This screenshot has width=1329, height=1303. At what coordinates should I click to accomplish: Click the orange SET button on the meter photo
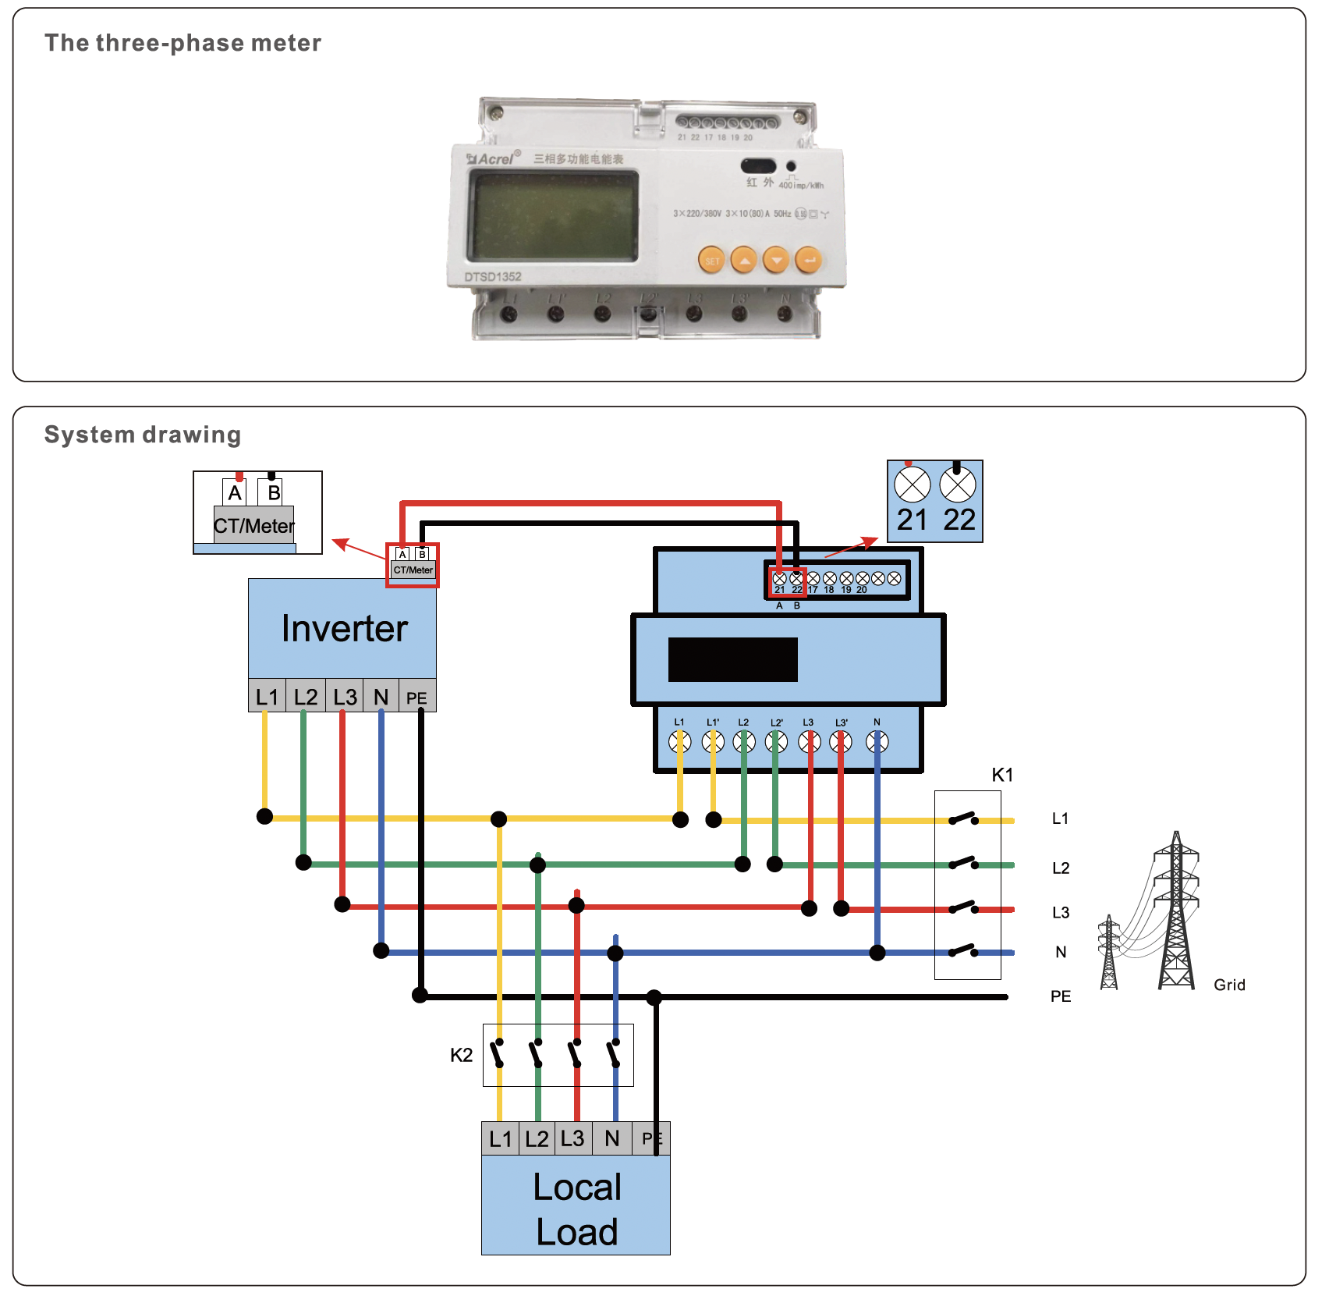pos(711,261)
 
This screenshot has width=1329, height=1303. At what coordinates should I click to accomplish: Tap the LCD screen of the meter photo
pos(553,216)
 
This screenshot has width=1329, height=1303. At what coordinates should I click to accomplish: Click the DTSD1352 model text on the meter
pos(493,277)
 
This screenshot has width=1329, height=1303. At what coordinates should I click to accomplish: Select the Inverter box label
pos(344,629)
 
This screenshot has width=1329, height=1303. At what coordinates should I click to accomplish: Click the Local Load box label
pos(576,1209)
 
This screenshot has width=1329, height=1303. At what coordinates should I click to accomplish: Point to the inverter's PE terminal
pos(417,698)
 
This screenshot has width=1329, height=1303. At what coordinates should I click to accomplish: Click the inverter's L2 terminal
pos(306,697)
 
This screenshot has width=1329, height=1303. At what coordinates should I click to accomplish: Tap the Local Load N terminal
pos(612,1139)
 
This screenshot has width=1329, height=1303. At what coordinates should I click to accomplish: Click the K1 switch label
pos(1002,775)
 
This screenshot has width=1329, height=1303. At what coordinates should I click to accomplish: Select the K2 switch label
pos(461,1056)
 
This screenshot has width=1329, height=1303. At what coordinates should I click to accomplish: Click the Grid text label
pos(1229,985)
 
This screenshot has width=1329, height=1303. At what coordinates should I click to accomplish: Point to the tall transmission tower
pos(1176,913)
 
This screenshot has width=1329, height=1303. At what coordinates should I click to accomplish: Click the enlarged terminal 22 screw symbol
pos(958,485)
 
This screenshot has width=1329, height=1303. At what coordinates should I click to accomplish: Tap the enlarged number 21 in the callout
pos(912,520)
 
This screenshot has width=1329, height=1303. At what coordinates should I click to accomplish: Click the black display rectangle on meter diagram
pos(732,659)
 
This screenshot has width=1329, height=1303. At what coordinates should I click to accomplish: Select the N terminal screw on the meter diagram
pos(877,742)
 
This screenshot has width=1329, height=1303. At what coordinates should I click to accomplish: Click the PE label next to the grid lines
pos(1061,996)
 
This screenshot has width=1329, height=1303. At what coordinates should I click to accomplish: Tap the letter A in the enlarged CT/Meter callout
pos(235,493)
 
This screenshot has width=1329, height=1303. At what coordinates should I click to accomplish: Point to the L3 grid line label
pos(1061,912)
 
